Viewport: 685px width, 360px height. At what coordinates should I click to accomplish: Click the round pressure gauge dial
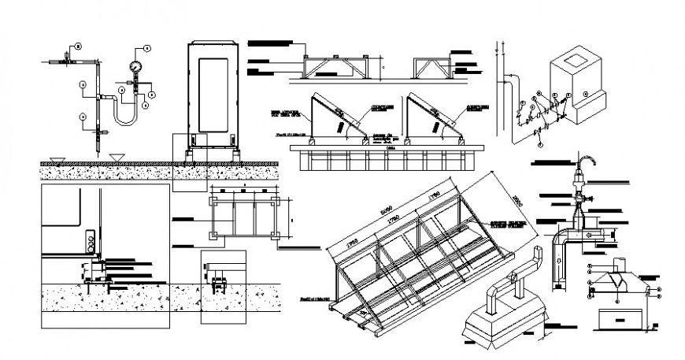coord(135,66)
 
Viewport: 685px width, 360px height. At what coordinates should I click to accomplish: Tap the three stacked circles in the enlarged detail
coord(93,239)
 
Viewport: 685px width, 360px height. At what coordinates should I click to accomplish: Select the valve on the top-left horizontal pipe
coord(65,59)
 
